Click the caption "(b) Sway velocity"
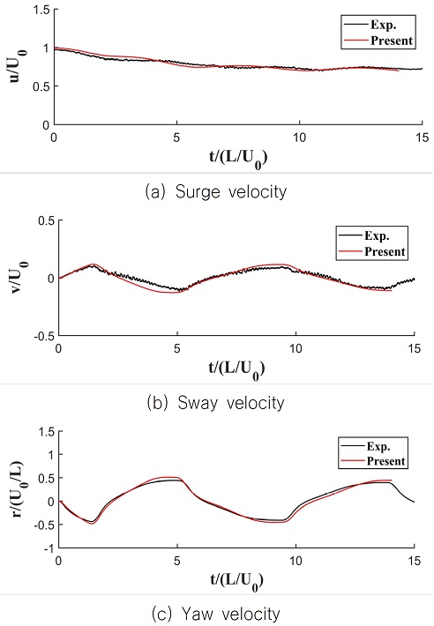click(x=217, y=404)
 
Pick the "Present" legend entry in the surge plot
click(x=383, y=40)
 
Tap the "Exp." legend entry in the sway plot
click(x=377, y=237)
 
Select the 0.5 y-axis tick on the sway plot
click(x=41, y=220)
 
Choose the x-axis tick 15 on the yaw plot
click(x=414, y=559)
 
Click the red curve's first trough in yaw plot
click(x=92, y=523)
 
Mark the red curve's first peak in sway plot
click(x=95, y=264)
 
